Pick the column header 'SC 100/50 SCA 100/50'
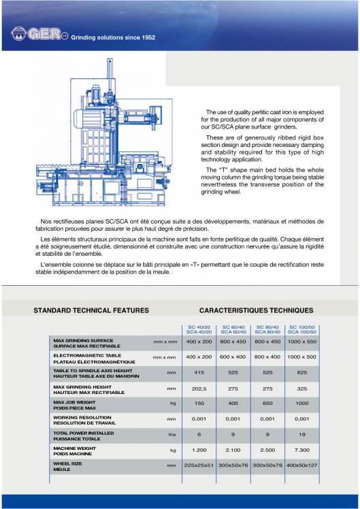tap(302, 329)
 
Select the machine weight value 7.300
tap(302, 450)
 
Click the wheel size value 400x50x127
tap(302, 465)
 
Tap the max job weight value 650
tap(267, 403)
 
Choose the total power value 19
tap(302, 434)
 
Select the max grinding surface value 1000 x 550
tap(302, 340)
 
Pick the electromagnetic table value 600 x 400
tap(233, 357)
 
